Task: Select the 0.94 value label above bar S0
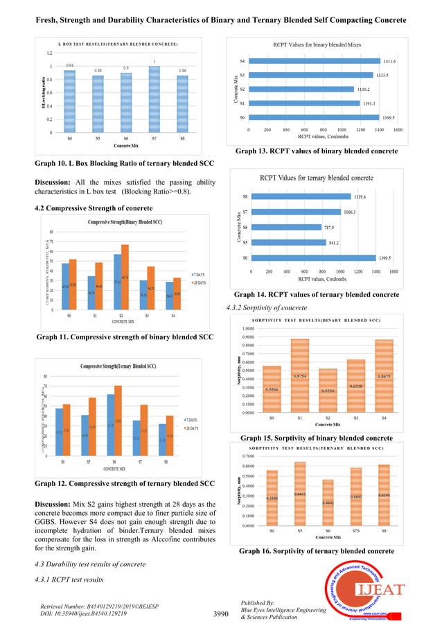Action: tap(70, 65)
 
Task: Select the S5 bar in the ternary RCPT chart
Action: tap(288, 242)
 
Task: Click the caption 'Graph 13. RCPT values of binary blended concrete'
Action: tap(317, 151)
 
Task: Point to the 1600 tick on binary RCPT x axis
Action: tap(398, 129)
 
